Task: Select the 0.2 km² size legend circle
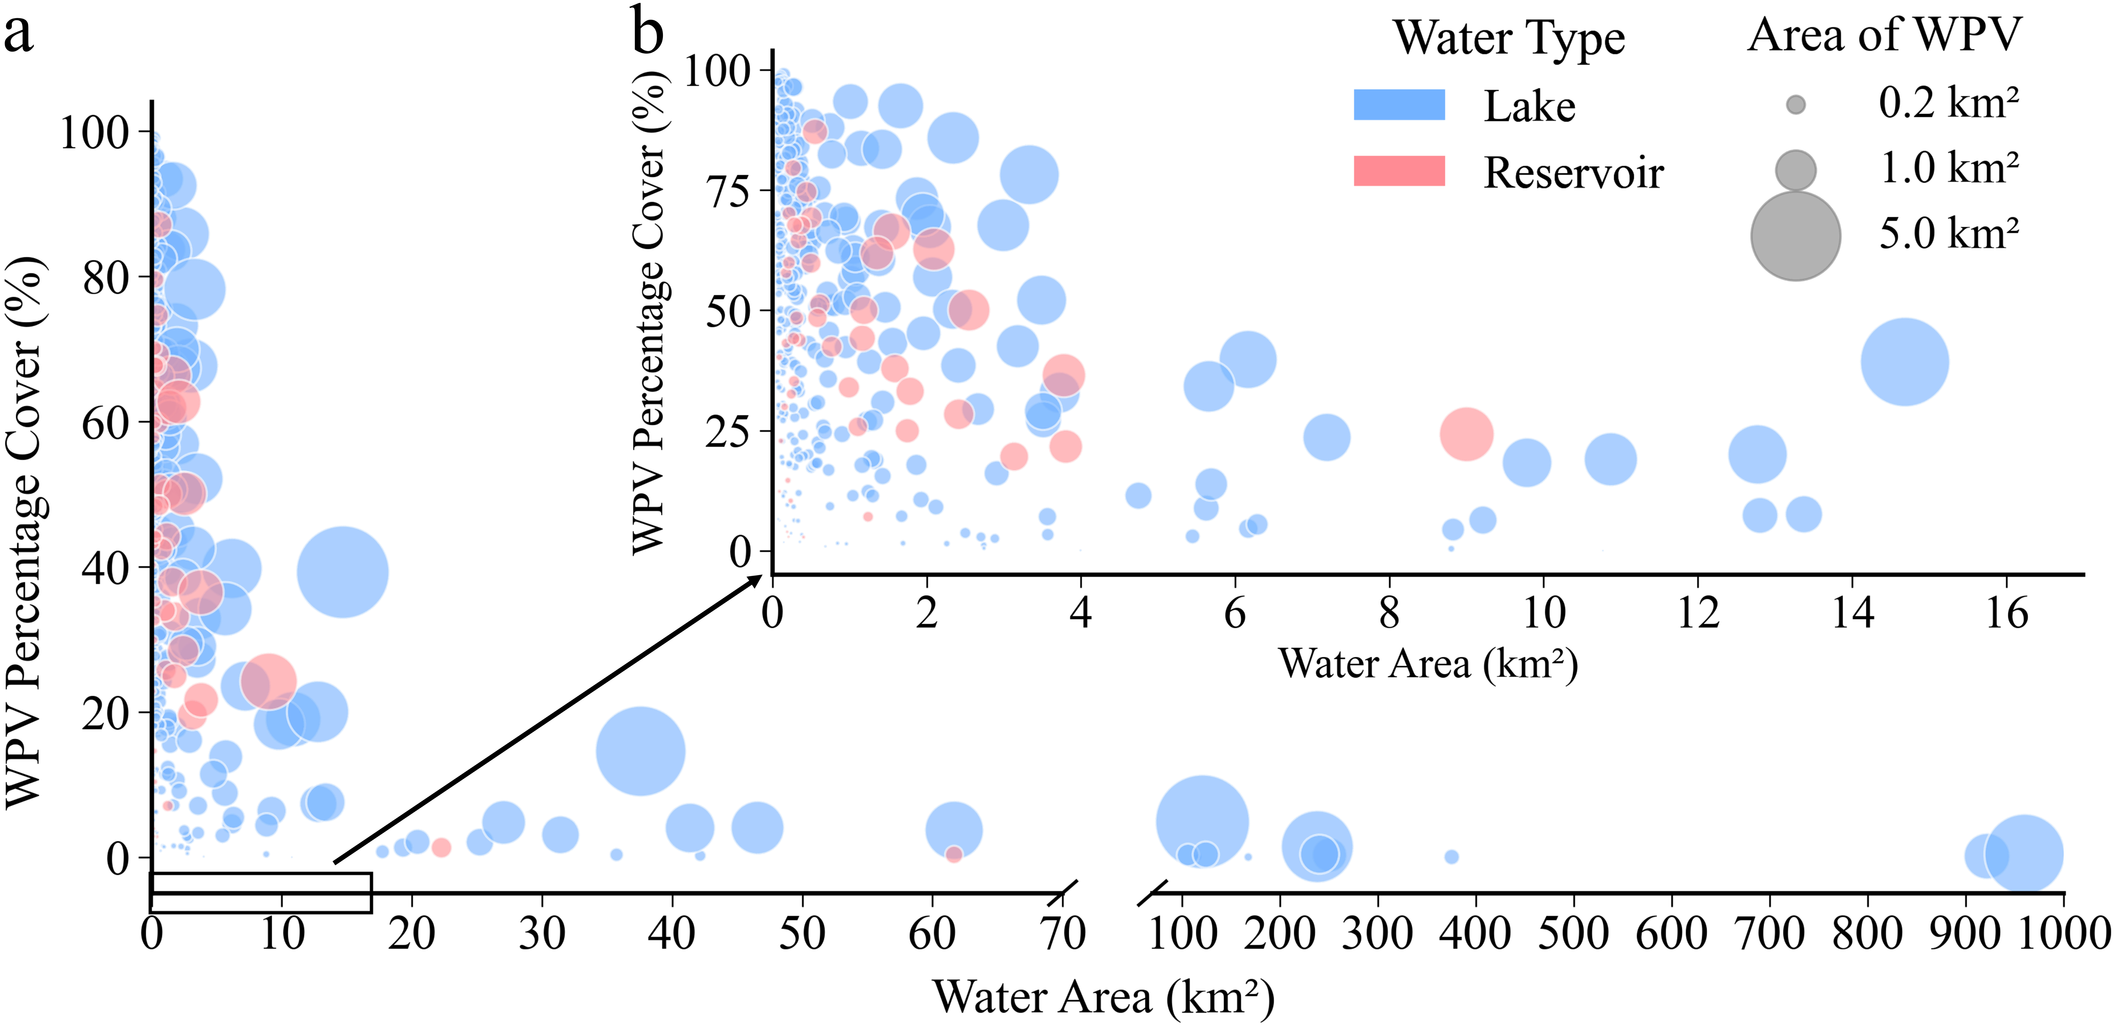click(1796, 104)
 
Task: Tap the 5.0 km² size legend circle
click(1796, 236)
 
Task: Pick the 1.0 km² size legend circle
click(1796, 170)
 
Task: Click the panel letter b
click(648, 31)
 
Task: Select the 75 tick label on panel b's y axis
click(729, 191)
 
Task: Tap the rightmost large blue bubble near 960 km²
click(2024, 854)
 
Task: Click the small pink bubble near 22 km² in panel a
click(441, 847)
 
